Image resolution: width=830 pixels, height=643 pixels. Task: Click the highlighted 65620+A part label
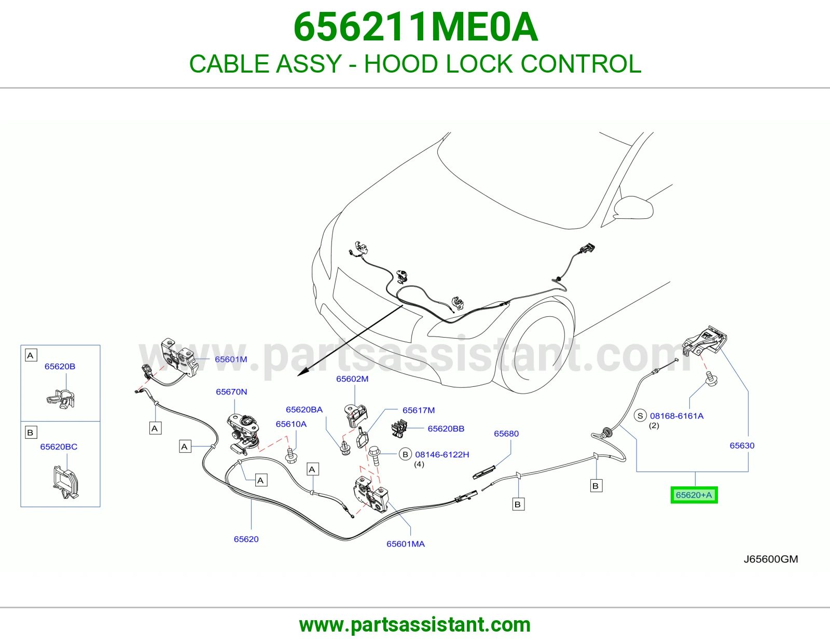click(694, 495)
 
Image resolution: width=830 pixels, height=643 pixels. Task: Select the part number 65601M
click(231, 359)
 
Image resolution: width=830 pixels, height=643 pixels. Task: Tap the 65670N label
click(231, 392)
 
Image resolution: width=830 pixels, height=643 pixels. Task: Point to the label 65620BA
click(304, 410)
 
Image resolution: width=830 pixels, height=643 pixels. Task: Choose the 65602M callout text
click(352, 379)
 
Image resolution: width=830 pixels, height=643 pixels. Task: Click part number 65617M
click(419, 410)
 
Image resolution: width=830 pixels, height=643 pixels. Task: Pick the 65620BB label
click(446, 428)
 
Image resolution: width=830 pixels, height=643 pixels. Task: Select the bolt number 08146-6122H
click(442, 454)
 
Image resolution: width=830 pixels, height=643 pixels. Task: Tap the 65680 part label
click(506, 434)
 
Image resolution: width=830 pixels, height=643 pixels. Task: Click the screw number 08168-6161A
click(676, 416)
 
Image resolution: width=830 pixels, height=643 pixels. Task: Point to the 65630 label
click(742, 445)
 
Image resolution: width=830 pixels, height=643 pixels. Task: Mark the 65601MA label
click(405, 544)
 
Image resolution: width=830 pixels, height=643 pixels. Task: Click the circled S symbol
click(640, 415)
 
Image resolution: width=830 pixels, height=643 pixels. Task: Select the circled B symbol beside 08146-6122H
click(405, 454)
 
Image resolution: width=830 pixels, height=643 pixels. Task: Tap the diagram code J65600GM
click(770, 559)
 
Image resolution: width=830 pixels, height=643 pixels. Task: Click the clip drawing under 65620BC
click(65, 482)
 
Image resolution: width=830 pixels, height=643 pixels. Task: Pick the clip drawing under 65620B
click(61, 399)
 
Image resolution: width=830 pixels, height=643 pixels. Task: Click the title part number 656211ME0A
click(416, 27)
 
